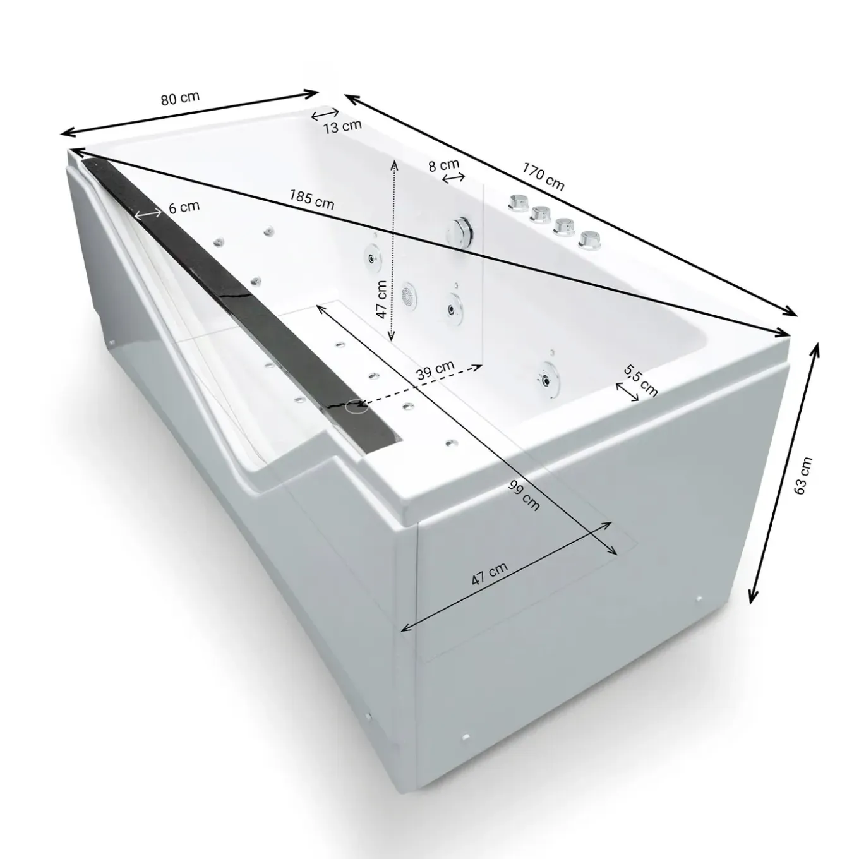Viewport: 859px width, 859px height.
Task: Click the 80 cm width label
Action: click(x=180, y=99)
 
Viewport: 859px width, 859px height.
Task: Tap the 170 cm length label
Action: click(x=543, y=176)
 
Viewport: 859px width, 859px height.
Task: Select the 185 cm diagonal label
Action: click(x=311, y=199)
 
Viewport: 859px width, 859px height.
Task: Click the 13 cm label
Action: click(x=342, y=126)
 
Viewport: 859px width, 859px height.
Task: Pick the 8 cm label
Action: click(x=443, y=165)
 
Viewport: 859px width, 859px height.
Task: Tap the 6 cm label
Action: click(x=184, y=207)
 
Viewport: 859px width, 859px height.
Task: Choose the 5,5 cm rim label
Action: click(x=640, y=380)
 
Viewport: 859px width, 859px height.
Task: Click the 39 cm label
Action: click(x=436, y=369)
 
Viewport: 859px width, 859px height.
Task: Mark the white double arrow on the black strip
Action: click(x=148, y=214)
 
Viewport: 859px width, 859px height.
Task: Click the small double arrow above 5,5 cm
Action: click(x=627, y=392)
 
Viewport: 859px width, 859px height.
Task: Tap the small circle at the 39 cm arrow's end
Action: click(x=356, y=405)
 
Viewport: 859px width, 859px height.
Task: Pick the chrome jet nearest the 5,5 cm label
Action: click(x=546, y=378)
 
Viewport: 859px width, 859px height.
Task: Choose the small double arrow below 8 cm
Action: click(x=454, y=177)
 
